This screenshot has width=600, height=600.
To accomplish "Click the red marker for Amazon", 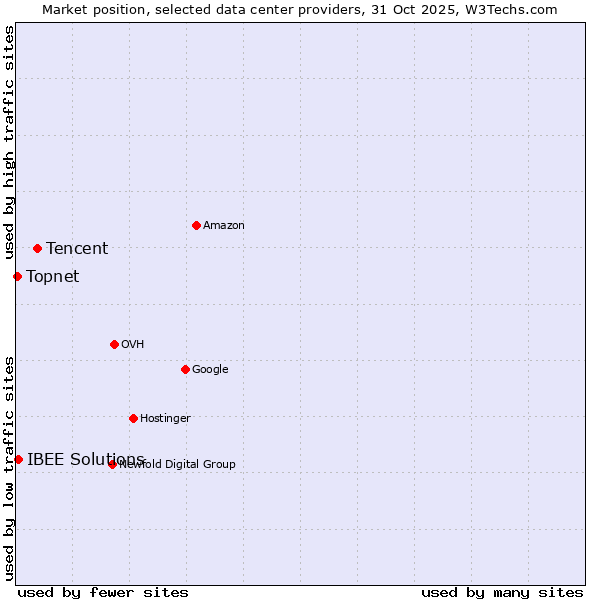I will (196, 225).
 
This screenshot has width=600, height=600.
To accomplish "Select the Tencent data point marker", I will (37, 248).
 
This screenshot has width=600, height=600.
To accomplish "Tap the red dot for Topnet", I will (17, 276).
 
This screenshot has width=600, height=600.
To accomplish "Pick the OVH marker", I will (114, 344).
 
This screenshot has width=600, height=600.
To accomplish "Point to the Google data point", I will (185, 369).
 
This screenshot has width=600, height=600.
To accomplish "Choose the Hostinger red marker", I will (133, 418).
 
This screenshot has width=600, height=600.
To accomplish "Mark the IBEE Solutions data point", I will (18, 459).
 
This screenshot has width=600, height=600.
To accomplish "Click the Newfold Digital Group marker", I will (112, 464).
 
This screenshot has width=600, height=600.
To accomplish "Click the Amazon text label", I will (224, 226).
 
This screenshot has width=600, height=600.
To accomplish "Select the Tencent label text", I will (77, 249).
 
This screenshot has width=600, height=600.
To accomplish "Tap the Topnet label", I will (52, 277).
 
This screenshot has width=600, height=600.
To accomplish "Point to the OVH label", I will (133, 345).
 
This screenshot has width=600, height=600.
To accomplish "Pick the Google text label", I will (210, 370).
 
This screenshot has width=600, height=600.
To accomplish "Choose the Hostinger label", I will (165, 419).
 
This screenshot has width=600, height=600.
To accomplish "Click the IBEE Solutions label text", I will (85, 460).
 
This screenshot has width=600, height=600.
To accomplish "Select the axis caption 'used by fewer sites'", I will (103, 592).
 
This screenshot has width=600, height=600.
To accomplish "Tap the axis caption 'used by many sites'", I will (502, 592).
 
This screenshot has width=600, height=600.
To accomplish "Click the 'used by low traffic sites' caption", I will (10, 467).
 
